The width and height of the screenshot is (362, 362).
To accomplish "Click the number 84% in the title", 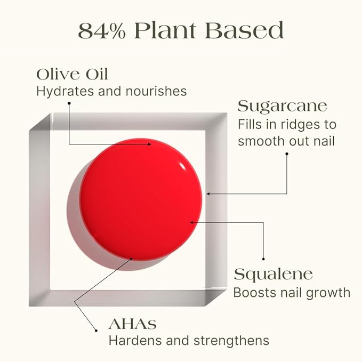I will (x=102, y=30).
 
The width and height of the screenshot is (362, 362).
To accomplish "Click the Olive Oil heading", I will (x=72, y=74).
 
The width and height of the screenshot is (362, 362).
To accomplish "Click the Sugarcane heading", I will (x=283, y=106).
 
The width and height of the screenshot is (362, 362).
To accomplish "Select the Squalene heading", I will (x=273, y=275).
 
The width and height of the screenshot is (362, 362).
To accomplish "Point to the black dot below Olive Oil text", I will (x=69, y=104).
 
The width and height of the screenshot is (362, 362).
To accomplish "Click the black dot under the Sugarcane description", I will (x=287, y=154).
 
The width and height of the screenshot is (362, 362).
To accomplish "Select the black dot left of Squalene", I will (x=263, y=260).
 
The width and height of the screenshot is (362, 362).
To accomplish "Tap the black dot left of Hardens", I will (x=96, y=331).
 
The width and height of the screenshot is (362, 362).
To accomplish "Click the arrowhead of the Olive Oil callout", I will (x=151, y=143).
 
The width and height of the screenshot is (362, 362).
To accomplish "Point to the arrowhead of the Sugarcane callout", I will (x=208, y=194).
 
